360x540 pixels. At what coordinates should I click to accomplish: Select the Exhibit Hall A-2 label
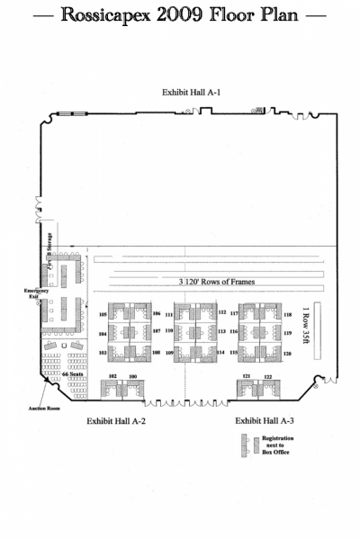[116, 420]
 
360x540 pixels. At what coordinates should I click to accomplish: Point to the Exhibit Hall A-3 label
[265, 420]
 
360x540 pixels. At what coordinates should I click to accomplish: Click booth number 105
[103, 314]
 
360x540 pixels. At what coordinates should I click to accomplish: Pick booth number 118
[288, 315]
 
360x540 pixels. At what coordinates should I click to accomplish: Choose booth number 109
[168, 354]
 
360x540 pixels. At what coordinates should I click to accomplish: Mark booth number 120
[288, 354]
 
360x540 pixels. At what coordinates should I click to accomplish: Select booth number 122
[267, 375]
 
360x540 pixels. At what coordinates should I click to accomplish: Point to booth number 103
[103, 353]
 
